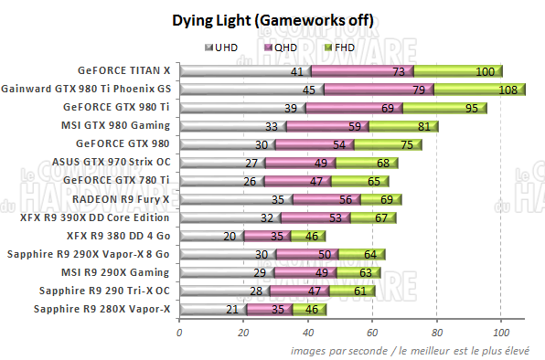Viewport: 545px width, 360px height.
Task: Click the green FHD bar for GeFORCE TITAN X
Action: coord(457,70)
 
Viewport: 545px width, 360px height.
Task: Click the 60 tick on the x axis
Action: coord(372,334)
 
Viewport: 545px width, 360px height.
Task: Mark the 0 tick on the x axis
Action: coord(179,334)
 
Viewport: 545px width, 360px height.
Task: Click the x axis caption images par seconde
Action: coord(416,349)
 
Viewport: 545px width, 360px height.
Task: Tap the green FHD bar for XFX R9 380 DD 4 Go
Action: coord(310,235)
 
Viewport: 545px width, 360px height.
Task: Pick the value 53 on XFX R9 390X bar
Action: coord(337,217)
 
